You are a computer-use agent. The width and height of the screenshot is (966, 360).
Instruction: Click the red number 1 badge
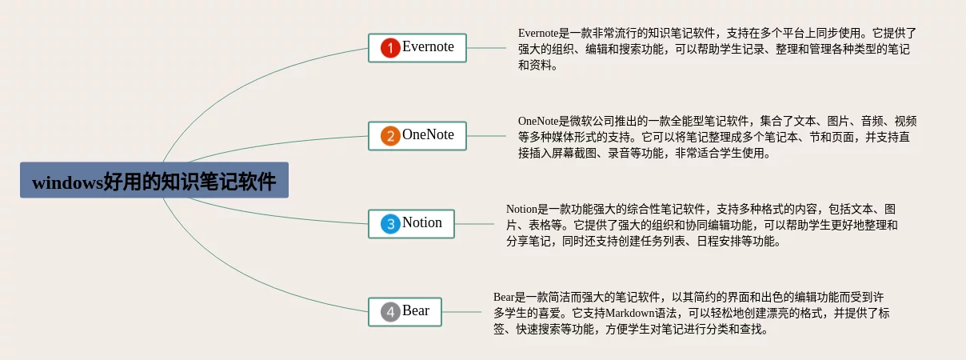390,48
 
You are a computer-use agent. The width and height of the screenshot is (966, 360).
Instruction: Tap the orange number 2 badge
390,136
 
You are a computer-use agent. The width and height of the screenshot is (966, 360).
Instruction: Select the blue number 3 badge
390,224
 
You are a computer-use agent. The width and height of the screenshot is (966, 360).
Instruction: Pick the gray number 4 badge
390,312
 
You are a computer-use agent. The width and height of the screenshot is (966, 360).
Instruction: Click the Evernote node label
428,46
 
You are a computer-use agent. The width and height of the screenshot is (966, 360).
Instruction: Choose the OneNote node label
428,134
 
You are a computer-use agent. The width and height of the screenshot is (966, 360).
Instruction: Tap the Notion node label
421,222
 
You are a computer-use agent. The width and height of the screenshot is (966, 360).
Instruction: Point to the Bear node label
416,310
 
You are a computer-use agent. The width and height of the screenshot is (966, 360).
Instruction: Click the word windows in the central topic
67,183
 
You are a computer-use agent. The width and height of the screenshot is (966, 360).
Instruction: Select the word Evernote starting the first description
538,34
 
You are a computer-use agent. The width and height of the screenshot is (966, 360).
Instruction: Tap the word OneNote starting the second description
538,122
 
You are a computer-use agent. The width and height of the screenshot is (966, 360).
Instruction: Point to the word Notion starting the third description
521,210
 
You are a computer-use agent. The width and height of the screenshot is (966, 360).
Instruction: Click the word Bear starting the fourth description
504,298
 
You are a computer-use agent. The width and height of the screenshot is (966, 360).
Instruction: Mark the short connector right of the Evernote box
486,48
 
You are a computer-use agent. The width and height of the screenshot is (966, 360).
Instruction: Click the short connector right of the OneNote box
486,136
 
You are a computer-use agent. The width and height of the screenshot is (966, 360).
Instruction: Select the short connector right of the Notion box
474,224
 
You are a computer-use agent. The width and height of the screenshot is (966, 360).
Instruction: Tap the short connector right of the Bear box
461,312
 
